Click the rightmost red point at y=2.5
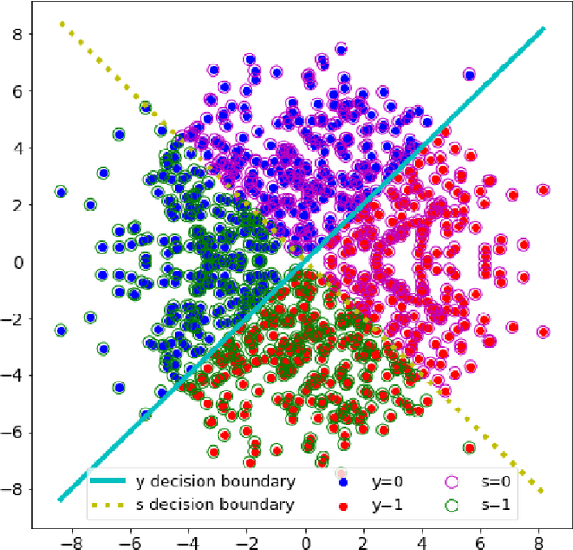[543, 190]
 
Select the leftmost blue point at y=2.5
[61, 192]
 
